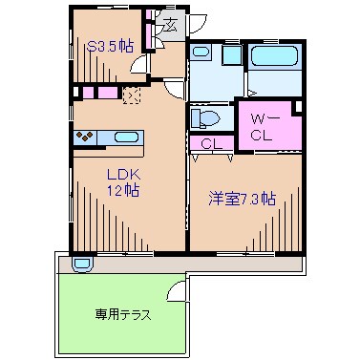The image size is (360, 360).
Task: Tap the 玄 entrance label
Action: coord(168,26)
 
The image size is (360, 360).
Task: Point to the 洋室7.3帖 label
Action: coord(244,199)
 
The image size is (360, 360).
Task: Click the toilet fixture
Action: coord(205,117)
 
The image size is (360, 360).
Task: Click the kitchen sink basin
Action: coord(126,136)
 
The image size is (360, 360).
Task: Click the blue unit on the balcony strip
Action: coord(82,262)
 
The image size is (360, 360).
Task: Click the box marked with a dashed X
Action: coord(132,95)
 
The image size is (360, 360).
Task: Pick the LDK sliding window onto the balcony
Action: coord(124,253)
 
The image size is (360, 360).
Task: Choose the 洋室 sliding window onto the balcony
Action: coord(246,253)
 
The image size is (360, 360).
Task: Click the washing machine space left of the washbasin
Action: coord(201,60)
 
